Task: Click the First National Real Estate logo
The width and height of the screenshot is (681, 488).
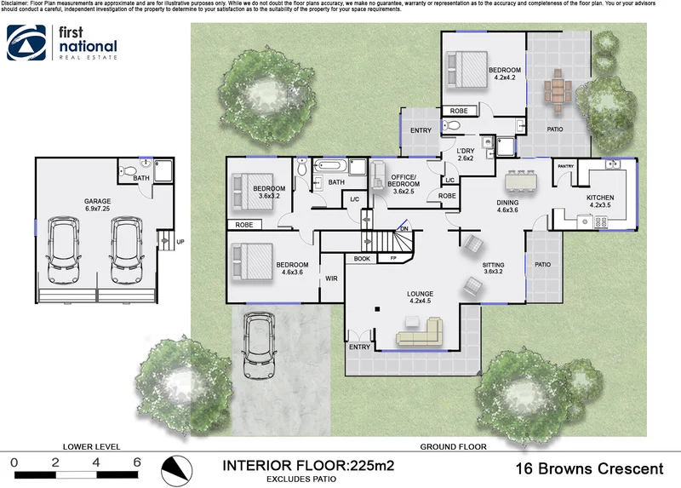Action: (x=62, y=43)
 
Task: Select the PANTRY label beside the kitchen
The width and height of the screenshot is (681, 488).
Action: (x=566, y=167)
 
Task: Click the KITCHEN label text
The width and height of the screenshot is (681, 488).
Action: (x=599, y=198)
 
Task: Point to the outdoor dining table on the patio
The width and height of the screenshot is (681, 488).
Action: (x=558, y=89)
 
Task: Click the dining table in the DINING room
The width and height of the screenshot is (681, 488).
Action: (x=521, y=181)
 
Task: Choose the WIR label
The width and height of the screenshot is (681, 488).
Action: (x=331, y=278)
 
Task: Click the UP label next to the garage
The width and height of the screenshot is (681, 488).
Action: (x=180, y=242)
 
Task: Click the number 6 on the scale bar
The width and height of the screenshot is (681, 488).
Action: (x=136, y=462)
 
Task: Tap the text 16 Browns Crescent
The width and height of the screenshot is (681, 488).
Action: (x=590, y=468)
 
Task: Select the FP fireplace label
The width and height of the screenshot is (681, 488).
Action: (x=392, y=258)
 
